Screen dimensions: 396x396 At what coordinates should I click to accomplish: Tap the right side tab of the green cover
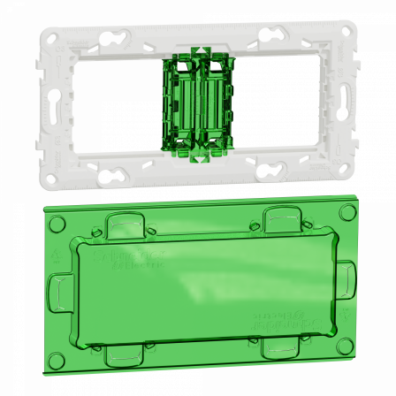click(x=332, y=287)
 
